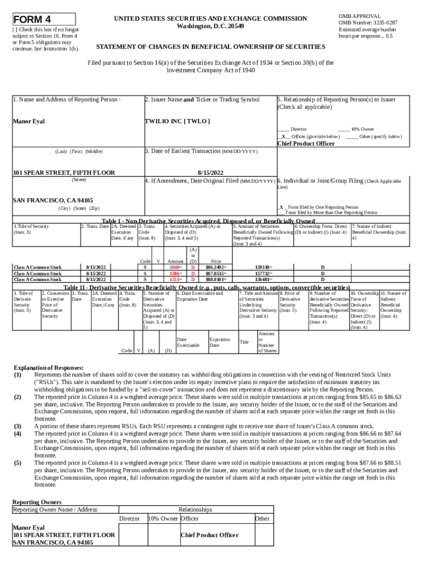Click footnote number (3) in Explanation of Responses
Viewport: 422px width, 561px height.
(18, 425)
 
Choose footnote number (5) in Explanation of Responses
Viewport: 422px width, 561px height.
(18, 462)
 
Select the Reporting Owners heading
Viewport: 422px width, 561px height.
(37, 502)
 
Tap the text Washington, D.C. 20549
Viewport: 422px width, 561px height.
(210, 26)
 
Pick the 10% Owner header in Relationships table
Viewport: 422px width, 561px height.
(163, 518)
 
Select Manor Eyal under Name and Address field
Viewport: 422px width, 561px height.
(29, 121)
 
